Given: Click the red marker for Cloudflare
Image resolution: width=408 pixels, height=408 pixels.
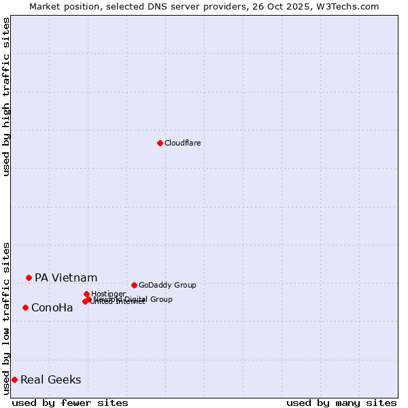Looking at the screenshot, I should click(x=160, y=143).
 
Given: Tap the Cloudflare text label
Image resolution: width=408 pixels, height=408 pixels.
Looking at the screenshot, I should click(x=182, y=143).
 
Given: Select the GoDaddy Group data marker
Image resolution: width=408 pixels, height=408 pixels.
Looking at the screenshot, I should click(x=134, y=285).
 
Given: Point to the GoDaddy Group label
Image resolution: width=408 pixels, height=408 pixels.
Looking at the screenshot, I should click(x=167, y=285).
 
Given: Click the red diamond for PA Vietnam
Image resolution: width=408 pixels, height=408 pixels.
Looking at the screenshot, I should click(x=29, y=277).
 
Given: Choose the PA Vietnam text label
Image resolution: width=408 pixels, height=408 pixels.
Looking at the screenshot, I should click(x=66, y=277).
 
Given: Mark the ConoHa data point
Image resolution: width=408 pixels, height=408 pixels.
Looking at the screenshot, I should click(x=25, y=307).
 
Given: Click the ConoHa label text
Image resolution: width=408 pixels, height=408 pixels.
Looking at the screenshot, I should click(x=52, y=308).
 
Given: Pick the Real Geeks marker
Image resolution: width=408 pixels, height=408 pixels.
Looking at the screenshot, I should click(x=14, y=379).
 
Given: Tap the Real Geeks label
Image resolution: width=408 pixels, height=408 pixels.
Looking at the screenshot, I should click(x=51, y=380).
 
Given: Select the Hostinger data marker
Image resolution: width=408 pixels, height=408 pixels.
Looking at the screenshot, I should click(x=86, y=294).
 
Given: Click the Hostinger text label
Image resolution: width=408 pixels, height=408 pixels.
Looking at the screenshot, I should click(x=108, y=294).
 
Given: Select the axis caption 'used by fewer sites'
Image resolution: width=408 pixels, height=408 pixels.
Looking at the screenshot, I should click(x=70, y=403).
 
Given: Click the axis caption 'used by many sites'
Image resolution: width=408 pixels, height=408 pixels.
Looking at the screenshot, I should click(x=341, y=403).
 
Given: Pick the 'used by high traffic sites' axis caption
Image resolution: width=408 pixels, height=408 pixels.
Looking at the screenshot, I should click(x=6, y=97).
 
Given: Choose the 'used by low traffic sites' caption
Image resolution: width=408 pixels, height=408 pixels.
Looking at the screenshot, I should click(x=6, y=318).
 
